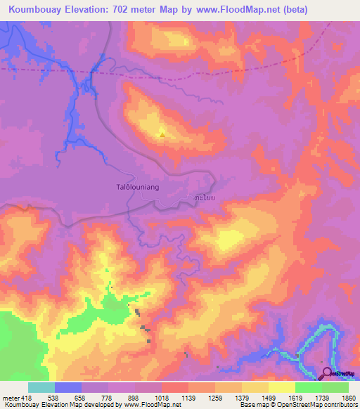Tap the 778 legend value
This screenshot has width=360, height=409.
(108, 398)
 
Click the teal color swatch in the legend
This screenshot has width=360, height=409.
(41, 388)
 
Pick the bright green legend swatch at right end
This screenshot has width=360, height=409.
(335, 388)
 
